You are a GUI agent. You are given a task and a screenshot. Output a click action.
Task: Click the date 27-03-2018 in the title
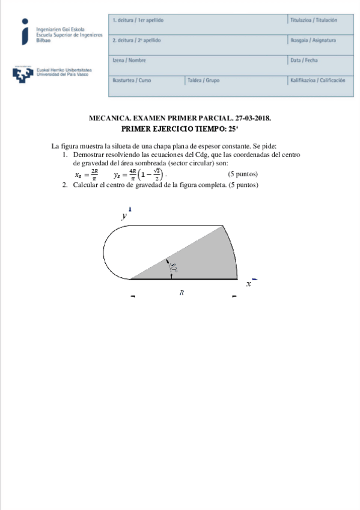tap(253, 119)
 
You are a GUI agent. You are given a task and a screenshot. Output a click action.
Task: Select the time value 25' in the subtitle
tap(233, 129)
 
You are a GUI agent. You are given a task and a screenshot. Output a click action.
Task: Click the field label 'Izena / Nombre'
tap(129, 60)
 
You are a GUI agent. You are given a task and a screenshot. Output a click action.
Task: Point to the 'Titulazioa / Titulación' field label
tap(314, 20)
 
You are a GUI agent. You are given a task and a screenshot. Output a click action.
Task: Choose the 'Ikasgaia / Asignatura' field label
tap(313, 40)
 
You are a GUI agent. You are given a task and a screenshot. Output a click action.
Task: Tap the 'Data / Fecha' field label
tap(304, 60)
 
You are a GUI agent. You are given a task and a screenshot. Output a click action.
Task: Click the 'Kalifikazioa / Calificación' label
tap(317, 80)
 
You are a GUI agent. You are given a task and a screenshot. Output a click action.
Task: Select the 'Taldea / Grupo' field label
tap(204, 80)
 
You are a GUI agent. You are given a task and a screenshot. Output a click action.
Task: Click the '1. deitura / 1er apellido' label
tap(138, 20)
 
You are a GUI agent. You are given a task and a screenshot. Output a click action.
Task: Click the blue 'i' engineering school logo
tap(24, 32)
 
